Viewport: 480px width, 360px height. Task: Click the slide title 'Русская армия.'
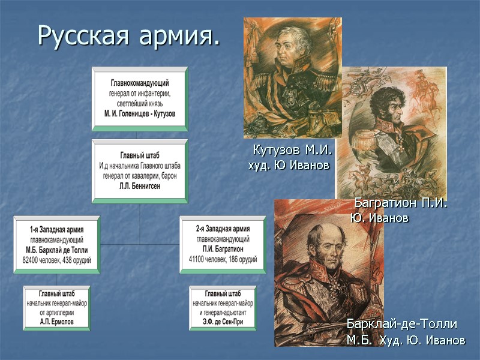tap(128, 37)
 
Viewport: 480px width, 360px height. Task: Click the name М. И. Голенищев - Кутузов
tap(139, 114)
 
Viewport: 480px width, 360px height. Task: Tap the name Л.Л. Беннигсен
tap(139, 187)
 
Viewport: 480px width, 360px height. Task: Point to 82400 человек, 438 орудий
tap(56, 260)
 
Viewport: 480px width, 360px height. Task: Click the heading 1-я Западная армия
tap(56, 229)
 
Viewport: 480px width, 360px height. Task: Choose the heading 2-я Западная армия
tap(223, 229)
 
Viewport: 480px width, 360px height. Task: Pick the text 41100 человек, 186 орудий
tap(223, 260)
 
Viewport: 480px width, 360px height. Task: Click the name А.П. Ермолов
tap(56, 320)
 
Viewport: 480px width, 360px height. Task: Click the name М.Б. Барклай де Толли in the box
tap(56, 250)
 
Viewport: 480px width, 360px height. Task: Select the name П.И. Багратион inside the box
tap(223, 250)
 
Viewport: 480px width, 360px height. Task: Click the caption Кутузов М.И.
tap(292, 149)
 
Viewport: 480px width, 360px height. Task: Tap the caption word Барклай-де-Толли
tap(402, 325)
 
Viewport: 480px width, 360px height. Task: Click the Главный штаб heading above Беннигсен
tap(139, 154)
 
